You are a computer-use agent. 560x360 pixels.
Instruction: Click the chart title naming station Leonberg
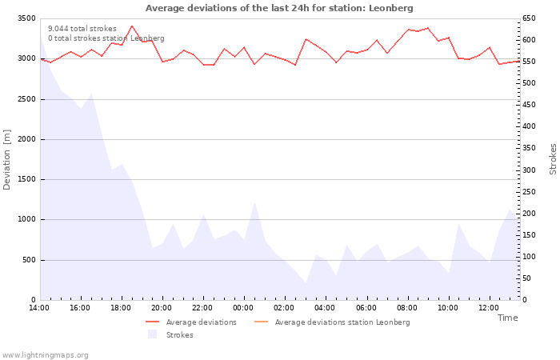tap(279, 8)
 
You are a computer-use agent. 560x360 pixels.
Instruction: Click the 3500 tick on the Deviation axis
tap(26, 18)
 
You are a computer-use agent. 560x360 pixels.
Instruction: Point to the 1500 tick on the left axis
tap(26, 179)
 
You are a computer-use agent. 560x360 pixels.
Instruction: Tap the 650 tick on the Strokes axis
tap(529, 18)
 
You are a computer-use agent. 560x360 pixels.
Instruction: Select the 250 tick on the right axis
tap(529, 192)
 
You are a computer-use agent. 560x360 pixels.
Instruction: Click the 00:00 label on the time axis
tap(243, 308)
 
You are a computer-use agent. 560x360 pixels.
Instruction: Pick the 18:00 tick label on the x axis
tap(121, 308)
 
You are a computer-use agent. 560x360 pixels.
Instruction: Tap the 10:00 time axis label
tap(448, 308)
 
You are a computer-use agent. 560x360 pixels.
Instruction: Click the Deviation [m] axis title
tap(6, 160)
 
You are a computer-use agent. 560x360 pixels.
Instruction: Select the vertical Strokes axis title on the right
tap(553, 159)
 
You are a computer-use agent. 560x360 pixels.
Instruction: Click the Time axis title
tap(507, 318)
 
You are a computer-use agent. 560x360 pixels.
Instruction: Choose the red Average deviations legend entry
tap(191, 322)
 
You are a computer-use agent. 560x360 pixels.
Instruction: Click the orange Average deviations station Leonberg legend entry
tap(332, 322)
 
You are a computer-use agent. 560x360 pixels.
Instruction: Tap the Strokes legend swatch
tap(153, 334)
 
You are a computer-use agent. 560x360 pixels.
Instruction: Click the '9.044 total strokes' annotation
tap(82, 29)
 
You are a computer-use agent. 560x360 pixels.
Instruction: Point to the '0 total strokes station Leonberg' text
tap(106, 38)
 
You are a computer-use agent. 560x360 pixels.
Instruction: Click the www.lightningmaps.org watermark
tap(44, 355)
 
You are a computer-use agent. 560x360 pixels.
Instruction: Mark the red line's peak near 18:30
tap(132, 26)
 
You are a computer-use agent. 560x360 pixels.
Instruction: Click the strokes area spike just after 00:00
tap(254, 202)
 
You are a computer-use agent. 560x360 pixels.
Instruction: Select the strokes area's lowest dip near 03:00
tap(306, 283)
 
